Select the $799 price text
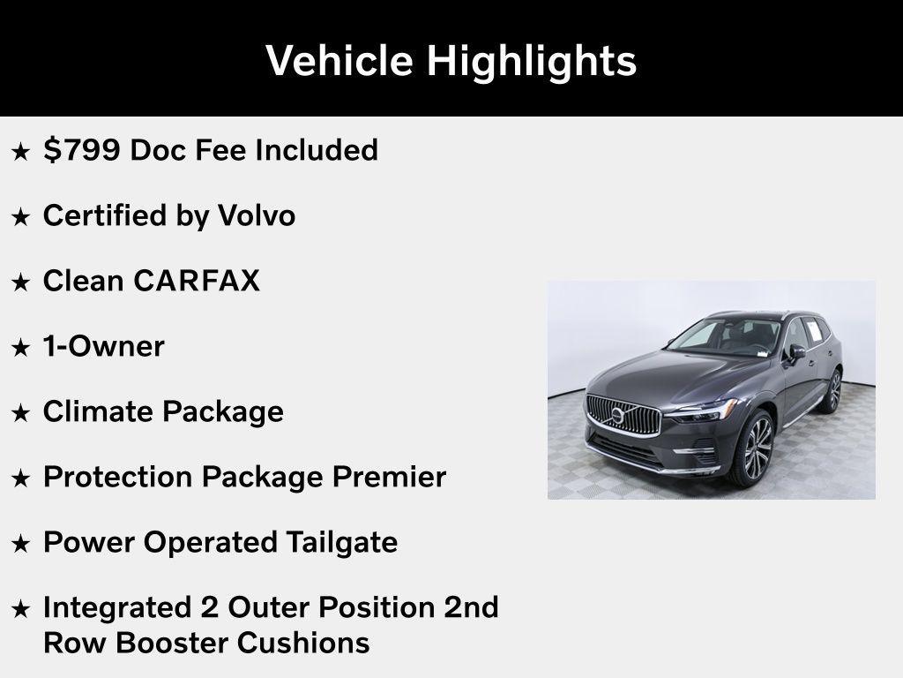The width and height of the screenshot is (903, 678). pyautogui.click(x=82, y=150)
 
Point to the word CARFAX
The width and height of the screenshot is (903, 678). pyautogui.click(x=197, y=281)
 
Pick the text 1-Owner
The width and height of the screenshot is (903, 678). pyautogui.click(x=103, y=346)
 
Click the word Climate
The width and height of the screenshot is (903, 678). pyautogui.click(x=100, y=411)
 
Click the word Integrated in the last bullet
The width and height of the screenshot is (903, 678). pyautogui.click(x=116, y=607)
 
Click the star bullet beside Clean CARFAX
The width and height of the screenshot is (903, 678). pyautogui.click(x=20, y=282)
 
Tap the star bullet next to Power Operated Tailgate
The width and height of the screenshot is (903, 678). pyautogui.click(x=20, y=544)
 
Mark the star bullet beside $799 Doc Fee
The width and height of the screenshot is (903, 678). pyautogui.click(x=20, y=152)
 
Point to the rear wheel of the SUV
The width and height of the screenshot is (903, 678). pyautogui.click(x=831, y=391)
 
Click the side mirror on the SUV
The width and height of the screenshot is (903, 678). pyautogui.click(x=796, y=351)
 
